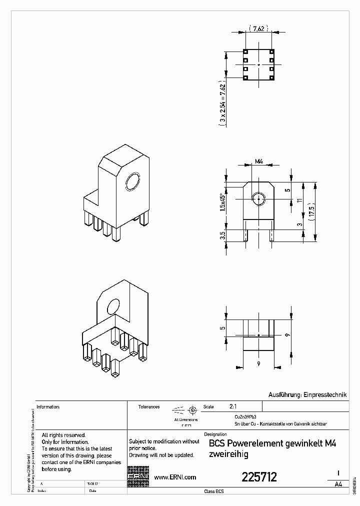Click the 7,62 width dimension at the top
258,29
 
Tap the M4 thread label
258,161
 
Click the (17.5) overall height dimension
311,210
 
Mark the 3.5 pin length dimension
222,234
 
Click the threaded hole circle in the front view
258,199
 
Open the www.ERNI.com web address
174,477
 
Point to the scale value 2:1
233,406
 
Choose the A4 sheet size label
338,484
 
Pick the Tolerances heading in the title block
149,407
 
